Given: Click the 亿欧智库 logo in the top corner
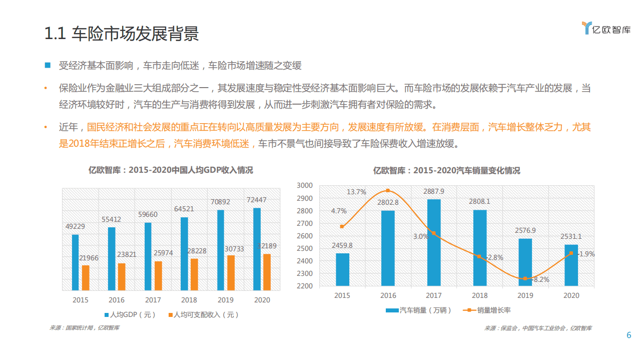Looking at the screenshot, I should pos(606,29).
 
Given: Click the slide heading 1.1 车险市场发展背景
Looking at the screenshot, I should pos(122,34).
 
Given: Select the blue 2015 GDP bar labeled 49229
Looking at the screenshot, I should pos(75,262).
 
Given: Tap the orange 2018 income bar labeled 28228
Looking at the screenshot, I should pos(194,274).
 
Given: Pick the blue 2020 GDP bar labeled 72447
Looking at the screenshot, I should pos(257,249).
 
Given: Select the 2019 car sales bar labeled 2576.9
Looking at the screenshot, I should pos(525,262).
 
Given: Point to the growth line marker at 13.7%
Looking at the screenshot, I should pos(388,191).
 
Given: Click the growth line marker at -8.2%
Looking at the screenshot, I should pos(525,279).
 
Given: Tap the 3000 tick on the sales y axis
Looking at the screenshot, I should pos(304,185).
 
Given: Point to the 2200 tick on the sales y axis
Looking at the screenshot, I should pos(304,286).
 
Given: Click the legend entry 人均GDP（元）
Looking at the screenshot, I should pos(130,315).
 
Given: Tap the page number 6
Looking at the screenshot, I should pos(629,335).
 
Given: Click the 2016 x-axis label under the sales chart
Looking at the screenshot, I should pos(388,295).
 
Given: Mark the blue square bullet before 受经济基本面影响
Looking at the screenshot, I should pos(48,65).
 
